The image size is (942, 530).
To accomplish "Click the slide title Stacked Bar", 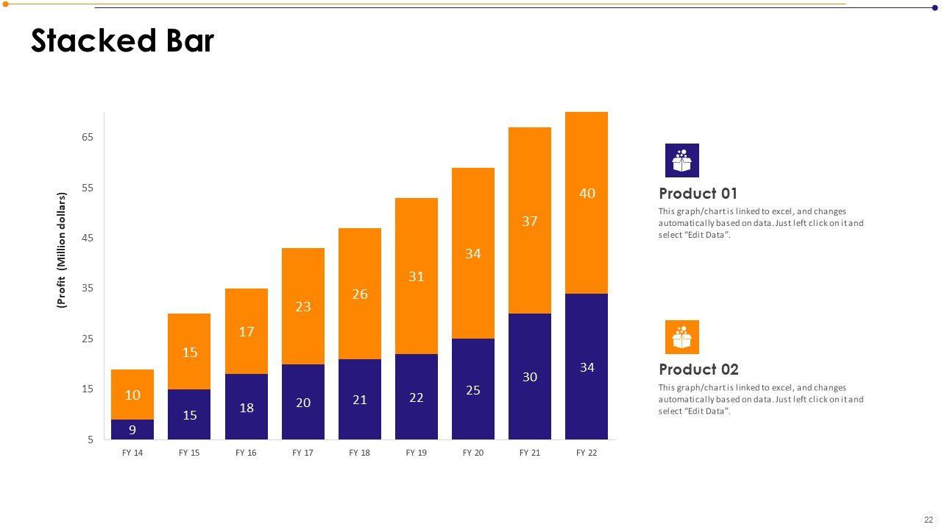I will coord(122,41).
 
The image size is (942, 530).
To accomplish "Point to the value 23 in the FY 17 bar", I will coord(303,307).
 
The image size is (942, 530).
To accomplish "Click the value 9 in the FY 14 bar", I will coord(132,430).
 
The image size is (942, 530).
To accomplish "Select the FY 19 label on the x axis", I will coord(417,453).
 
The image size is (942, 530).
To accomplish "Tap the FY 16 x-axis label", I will coord(246,453).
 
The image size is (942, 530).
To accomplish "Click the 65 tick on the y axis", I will coord(88,137).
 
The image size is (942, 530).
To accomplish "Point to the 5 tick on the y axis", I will coord(91,439).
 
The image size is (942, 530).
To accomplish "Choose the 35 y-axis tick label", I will coord(88,288).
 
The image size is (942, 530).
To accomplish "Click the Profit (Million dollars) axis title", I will coord(62,250).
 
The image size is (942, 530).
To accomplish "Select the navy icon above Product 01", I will coord(682,160).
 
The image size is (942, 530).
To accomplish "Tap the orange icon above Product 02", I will coord(682,337).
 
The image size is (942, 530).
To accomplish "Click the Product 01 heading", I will coord(698,194).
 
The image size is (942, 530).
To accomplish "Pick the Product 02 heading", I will coord(698,370).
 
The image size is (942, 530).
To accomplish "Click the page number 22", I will coord(929,520).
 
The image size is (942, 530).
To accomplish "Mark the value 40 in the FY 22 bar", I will coord(587,194).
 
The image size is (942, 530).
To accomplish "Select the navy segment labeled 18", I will coord(247,408).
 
